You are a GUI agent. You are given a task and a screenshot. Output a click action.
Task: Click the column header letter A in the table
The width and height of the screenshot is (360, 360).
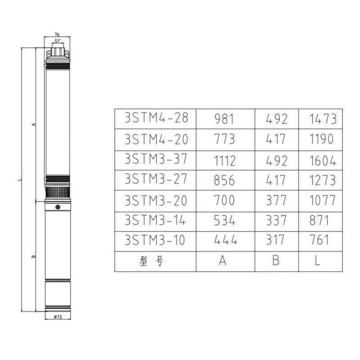pyautogui.click(x=222, y=261)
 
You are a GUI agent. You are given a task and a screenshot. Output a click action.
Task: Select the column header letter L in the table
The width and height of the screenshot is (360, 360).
pyautogui.click(x=318, y=261)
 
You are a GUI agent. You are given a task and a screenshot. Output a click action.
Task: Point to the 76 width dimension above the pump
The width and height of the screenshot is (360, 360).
pyautogui.click(x=57, y=34)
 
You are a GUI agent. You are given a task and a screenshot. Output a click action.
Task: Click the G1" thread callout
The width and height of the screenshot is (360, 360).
pyautogui.click(x=57, y=41)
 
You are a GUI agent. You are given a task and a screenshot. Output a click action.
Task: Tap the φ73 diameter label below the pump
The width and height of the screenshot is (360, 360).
pyautogui.click(x=58, y=317)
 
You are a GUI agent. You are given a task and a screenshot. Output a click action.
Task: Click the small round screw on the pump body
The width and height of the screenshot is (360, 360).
pyautogui.click(x=58, y=207)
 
